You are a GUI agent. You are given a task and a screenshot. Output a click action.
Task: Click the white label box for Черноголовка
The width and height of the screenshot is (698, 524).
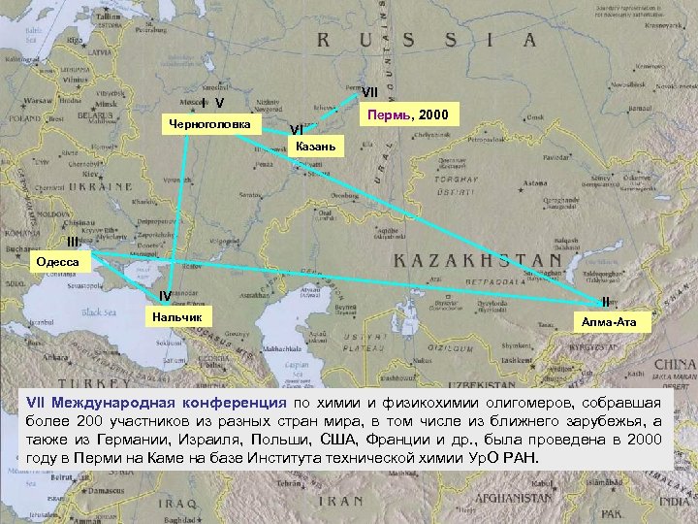(208, 125)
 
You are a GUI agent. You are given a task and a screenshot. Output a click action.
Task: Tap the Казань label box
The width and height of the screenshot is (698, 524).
(316, 147)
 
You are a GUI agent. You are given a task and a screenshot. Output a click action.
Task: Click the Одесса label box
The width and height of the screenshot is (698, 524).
(58, 261)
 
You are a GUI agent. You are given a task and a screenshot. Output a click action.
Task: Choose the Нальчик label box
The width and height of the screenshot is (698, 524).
(174, 316)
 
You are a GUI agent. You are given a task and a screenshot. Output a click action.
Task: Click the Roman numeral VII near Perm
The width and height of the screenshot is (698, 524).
(370, 93)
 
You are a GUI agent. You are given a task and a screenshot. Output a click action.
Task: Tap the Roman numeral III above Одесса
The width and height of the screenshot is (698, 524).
(73, 242)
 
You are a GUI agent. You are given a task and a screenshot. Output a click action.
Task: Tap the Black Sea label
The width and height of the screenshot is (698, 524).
(98, 311)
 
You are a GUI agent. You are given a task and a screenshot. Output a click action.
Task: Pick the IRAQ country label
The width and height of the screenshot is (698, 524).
(178, 504)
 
